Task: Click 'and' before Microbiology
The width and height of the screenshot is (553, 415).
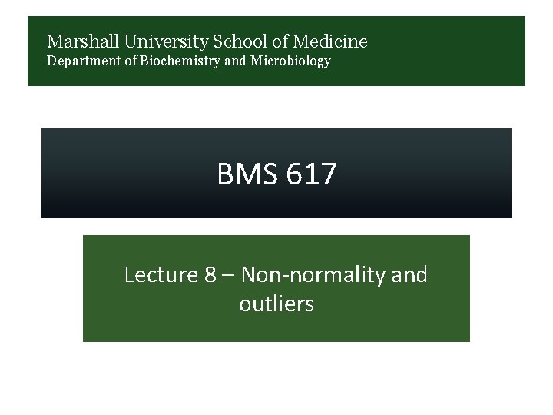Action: click(237, 61)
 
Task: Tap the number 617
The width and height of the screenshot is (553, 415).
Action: click(311, 174)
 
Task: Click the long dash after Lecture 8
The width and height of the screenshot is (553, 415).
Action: click(229, 274)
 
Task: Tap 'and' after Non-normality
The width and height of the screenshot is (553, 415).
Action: click(409, 274)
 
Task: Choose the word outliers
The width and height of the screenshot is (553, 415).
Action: click(276, 304)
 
